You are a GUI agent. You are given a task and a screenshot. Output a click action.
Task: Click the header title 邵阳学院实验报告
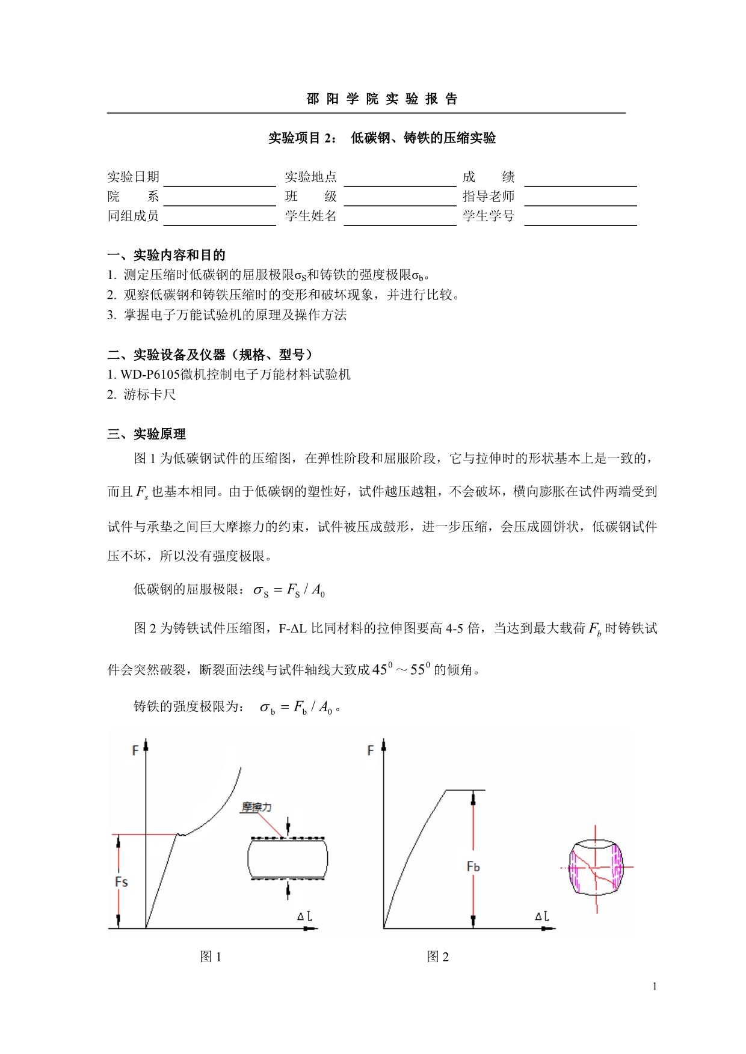pos(382,99)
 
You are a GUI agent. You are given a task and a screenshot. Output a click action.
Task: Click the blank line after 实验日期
pos(220,179)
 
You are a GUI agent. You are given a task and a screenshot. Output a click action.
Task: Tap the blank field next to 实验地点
pos(400,179)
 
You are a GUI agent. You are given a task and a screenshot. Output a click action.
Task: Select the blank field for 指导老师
pos(580,198)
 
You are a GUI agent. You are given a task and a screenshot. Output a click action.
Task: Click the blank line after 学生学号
pos(580,218)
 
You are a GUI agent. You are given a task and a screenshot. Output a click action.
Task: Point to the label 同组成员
pos(133,216)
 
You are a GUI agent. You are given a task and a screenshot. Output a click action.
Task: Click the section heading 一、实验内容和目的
pos(166,255)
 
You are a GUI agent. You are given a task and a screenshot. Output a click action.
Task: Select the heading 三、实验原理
pos(146,434)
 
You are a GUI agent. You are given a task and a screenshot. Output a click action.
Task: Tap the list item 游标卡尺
pos(150,394)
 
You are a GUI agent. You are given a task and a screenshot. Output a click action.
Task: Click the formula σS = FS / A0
pos(289,590)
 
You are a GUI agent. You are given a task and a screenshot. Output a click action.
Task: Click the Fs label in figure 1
pos(121,881)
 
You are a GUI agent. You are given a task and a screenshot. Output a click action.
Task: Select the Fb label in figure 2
pos(473,866)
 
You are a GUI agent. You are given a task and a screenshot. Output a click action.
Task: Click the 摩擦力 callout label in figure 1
pos(256,807)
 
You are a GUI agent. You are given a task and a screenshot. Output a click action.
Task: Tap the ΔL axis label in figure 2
pos(541,916)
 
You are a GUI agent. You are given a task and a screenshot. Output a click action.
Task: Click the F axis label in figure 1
pos(135,750)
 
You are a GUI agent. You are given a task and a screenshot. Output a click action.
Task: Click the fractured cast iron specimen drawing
pos(596,868)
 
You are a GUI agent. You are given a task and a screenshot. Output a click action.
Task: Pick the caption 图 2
pos(437,957)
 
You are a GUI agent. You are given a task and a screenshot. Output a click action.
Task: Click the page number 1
pos(655,986)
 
